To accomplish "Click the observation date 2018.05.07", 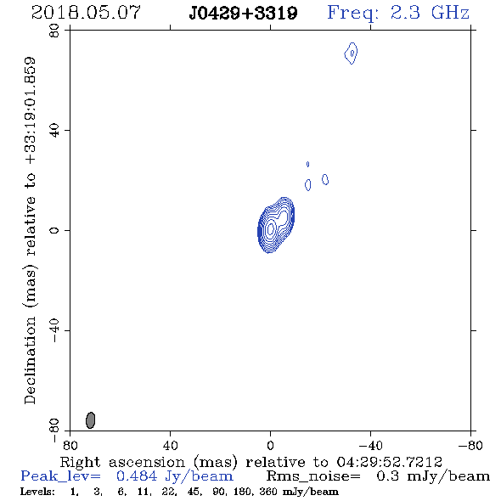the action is click(86, 13).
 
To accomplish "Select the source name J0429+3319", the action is click(243, 14).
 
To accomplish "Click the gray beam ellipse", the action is click(90, 420).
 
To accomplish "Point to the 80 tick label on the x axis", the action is click(70, 446).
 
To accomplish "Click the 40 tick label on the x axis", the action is click(170, 446).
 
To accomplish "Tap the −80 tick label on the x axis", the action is click(470, 446).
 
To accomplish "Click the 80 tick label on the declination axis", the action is click(54, 31).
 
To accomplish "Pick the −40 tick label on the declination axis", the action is click(54, 330).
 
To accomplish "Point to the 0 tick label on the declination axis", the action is click(54, 230).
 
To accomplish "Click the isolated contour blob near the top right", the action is click(352, 53).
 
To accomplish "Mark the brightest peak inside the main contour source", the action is click(271, 228).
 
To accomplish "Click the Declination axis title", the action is click(30, 231).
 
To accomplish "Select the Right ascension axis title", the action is click(251, 462).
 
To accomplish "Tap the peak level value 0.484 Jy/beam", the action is click(175, 476).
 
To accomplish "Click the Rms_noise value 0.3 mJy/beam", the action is click(433, 476).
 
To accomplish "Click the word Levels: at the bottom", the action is click(37, 492).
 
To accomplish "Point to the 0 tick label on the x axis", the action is click(270, 446).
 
